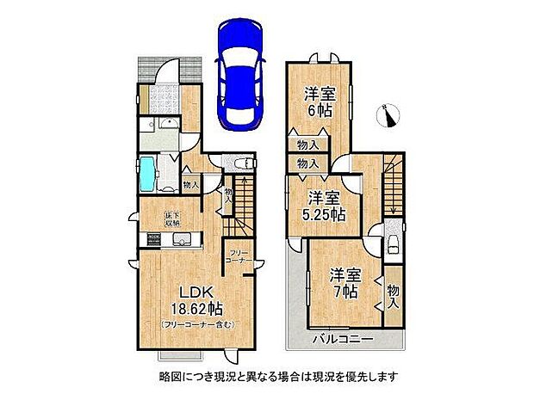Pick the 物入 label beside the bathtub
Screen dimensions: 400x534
[190, 183]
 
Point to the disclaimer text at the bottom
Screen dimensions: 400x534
[267, 376]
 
